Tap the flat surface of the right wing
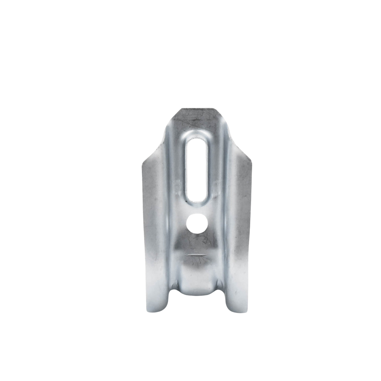click(242, 213)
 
